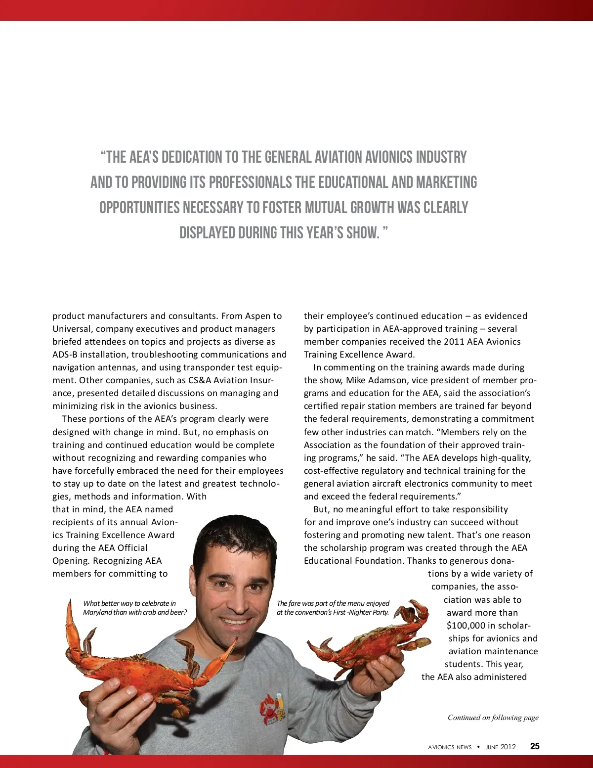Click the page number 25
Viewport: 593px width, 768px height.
(535, 746)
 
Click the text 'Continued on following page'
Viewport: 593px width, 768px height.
(493, 718)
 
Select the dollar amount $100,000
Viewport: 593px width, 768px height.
(466, 626)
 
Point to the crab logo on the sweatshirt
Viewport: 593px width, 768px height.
(271, 708)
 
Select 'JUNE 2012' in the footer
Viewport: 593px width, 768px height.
(500, 747)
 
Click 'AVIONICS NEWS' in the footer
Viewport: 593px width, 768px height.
(450, 747)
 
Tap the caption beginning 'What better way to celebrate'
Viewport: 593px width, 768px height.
(135, 608)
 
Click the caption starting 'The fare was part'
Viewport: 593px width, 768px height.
(333, 608)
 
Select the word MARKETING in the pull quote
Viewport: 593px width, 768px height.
(446, 182)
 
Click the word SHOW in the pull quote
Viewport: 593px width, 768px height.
(362, 232)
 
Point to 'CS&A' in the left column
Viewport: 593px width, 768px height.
(199, 380)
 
